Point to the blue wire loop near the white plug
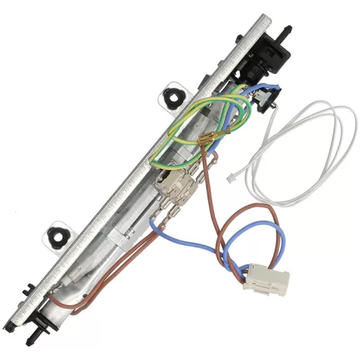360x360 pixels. pos(204,246)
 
